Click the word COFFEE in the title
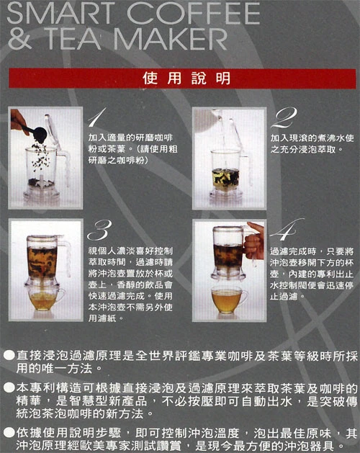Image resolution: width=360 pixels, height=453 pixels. pyautogui.click(x=193, y=13)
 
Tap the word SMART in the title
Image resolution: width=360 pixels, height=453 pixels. pyautogui.click(x=58, y=13)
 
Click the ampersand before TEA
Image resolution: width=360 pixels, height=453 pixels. pyautogui.click(x=19, y=39)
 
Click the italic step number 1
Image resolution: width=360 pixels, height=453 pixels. pyautogui.click(x=96, y=117)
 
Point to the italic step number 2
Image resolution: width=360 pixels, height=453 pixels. pyautogui.click(x=284, y=117)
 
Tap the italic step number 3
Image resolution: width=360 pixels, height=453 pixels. pyautogui.click(x=99, y=230)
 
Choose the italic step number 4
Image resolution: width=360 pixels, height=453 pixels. pyautogui.click(x=286, y=230)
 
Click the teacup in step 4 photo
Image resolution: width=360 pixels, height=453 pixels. pyautogui.click(x=229, y=300)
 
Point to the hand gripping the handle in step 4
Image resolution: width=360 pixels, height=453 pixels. pyautogui.click(x=255, y=241)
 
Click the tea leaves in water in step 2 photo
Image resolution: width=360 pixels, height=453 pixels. pyautogui.click(x=225, y=177)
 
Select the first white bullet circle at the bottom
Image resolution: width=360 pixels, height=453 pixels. pyautogui.click(x=9, y=355)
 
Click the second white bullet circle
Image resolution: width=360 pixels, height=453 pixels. pyautogui.click(x=9, y=387)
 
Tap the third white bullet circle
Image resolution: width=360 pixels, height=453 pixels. pyautogui.click(x=9, y=433)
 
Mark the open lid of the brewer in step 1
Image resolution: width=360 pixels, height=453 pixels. pyautogui.click(x=53, y=132)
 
